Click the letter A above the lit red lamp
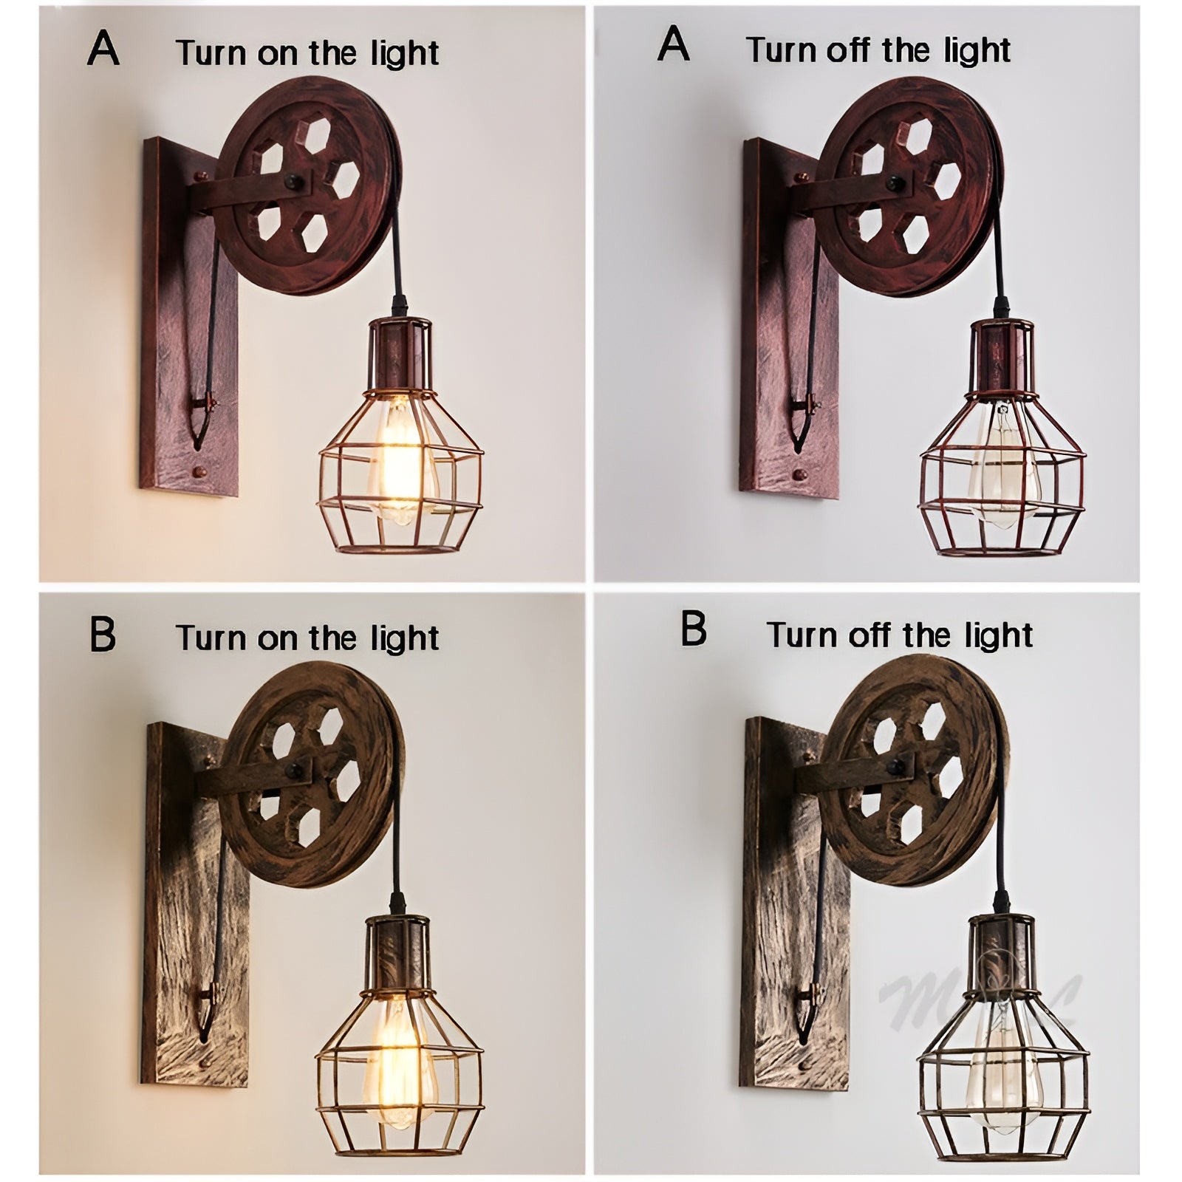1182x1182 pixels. pos(103,51)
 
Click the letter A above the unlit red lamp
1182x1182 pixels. pos(673,46)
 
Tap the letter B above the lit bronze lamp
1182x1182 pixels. pos(103,635)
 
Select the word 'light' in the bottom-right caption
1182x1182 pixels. pos(997,635)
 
